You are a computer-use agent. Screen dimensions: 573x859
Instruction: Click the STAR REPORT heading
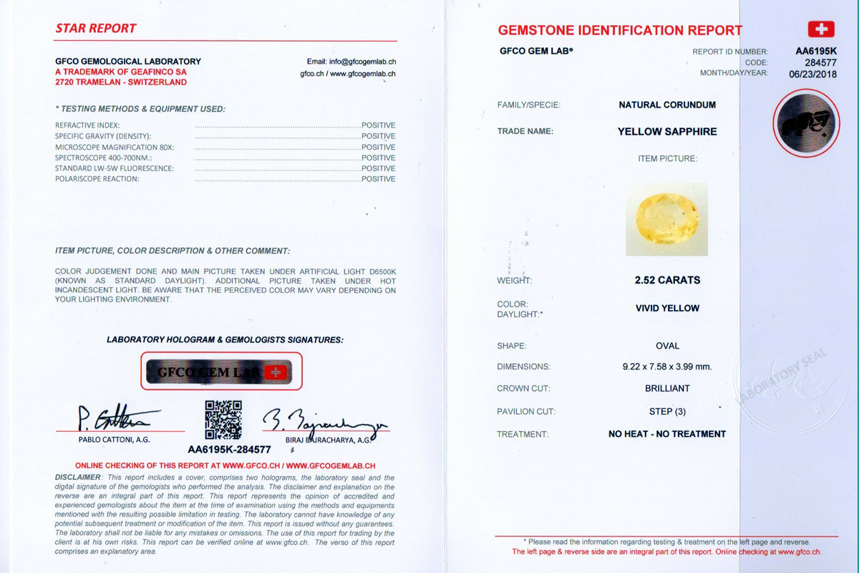pyautogui.click(x=96, y=29)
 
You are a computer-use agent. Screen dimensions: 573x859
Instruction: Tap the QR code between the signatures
pyautogui.click(x=223, y=420)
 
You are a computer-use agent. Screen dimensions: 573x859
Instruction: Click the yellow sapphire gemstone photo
pyautogui.click(x=666, y=218)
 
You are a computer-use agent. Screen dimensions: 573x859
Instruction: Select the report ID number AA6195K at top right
pyautogui.click(x=816, y=51)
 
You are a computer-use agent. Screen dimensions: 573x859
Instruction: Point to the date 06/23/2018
pyautogui.click(x=812, y=73)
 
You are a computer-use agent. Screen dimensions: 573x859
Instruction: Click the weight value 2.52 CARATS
pyautogui.click(x=667, y=280)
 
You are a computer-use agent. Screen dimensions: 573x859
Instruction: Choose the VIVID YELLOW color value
pyautogui.click(x=667, y=308)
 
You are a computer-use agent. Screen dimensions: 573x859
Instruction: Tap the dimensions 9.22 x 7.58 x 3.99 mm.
pyautogui.click(x=667, y=367)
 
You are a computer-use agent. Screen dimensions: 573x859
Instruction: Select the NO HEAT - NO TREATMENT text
pyautogui.click(x=667, y=434)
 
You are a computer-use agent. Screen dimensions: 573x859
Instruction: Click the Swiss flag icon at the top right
pyautogui.click(x=821, y=29)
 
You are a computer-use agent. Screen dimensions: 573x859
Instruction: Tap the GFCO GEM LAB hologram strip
pyautogui.click(x=220, y=372)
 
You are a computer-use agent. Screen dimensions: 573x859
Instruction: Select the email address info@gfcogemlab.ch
pyautogui.click(x=351, y=62)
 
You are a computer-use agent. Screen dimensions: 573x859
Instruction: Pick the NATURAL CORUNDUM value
pyautogui.click(x=667, y=105)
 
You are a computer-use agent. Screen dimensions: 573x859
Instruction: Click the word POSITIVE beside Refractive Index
pyautogui.click(x=378, y=125)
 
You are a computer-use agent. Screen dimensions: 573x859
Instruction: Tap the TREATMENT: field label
pyautogui.click(x=523, y=434)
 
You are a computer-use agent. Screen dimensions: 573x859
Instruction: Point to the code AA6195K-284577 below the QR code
pyautogui.click(x=229, y=450)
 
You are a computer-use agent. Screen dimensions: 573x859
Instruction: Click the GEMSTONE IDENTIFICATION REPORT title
pyautogui.click(x=620, y=30)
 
